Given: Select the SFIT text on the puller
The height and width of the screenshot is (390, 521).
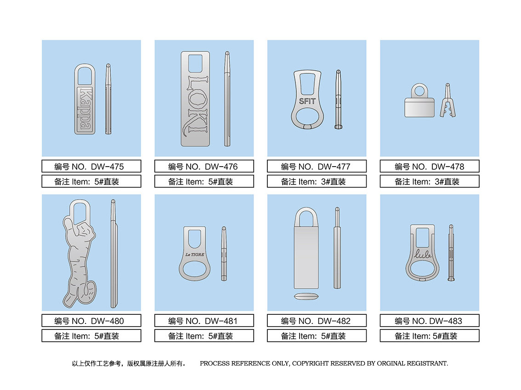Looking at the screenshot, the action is pyautogui.click(x=307, y=101).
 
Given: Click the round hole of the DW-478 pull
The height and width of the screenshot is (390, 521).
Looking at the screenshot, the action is pyautogui.click(x=419, y=90).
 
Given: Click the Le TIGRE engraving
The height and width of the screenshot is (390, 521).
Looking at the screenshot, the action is pyautogui.click(x=195, y=255).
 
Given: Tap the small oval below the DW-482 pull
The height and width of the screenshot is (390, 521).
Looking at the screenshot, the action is pyautogui.click(x=306, y=296).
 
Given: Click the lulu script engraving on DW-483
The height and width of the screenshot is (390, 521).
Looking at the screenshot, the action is pyautogui.click(x=423, y=254).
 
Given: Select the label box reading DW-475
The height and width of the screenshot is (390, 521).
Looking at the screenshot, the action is pyautogui.click(x=91, y=166).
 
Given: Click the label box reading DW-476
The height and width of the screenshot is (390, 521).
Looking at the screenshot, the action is pyautogui.click(x=204, y=166).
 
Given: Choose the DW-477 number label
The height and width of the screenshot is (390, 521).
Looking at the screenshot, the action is pyautogui.click(x=317, y=166).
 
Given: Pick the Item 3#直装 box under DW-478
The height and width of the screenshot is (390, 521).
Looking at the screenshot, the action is pyautogui.click(x=430, y=182).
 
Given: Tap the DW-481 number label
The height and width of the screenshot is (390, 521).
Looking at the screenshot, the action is pyautogui.click(x=204, y=321).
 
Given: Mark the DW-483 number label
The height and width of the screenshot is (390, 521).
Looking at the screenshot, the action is pyautogui.click(x=430, y=321).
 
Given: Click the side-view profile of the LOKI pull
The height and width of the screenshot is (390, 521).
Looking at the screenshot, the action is pyautogui.click(x=227, y=99).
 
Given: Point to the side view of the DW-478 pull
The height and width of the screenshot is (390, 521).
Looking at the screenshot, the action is pyautogui.click(x=447, y=100).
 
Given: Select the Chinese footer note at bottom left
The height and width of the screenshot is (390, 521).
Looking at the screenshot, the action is pyautogui.click(x=129, y=363).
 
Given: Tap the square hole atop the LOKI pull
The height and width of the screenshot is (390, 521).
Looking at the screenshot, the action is pyautogui.click(x=195, y=63).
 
